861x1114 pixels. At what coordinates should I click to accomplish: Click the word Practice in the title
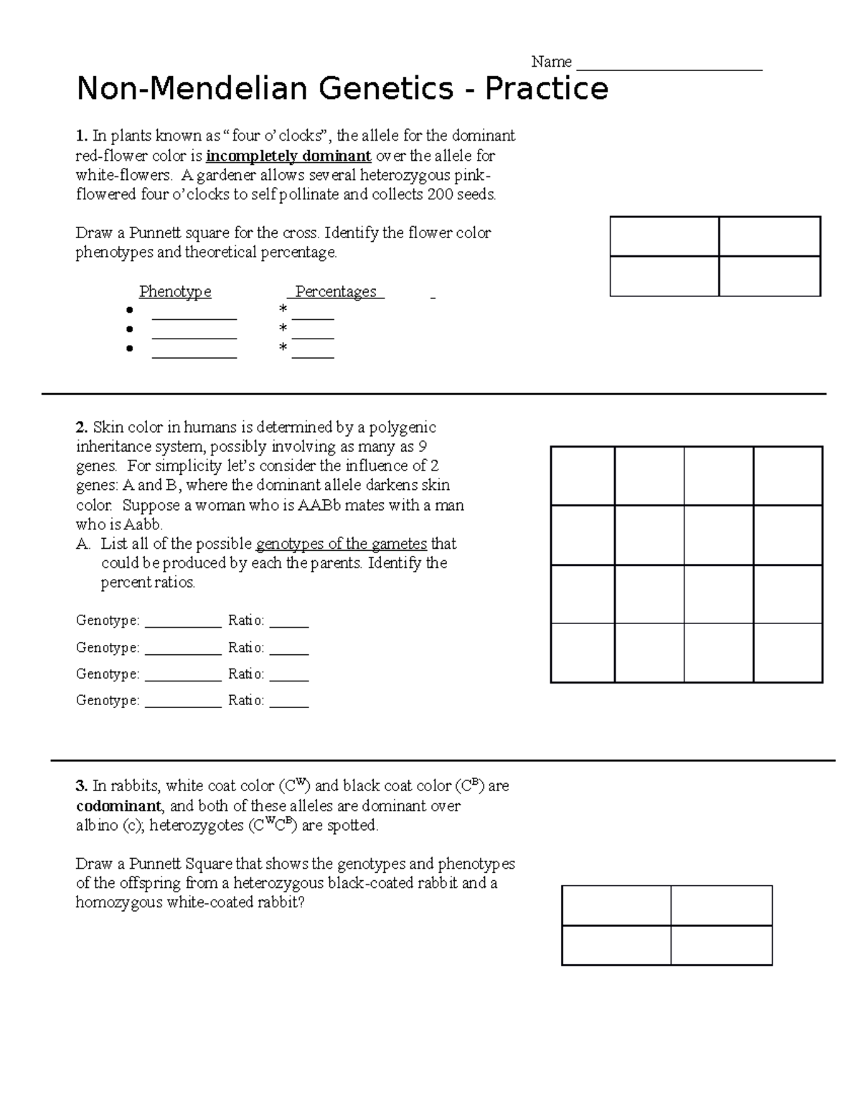click(546, 90)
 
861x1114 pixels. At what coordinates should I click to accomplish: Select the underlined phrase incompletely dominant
click(288, 156)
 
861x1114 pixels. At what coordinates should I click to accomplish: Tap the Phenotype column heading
click(175, 292)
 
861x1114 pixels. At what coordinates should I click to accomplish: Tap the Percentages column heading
click(336, 292)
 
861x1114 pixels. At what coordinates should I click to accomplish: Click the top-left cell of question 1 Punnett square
click(664, 237)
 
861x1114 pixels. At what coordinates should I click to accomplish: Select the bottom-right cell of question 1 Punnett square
click(769, 276)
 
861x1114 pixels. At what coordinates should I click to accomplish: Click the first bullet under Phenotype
click(129, 310)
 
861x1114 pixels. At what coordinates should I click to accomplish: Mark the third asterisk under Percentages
click(283, 349)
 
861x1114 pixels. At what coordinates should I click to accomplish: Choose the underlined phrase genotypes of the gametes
click(341, 544)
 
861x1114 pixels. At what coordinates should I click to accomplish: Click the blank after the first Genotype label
click(183, 621)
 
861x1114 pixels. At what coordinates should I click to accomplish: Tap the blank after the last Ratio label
click(289, 702)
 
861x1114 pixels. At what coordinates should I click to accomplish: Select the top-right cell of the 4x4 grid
click(788, 476)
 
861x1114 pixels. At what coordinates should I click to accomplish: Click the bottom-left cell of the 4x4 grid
click(583, 653)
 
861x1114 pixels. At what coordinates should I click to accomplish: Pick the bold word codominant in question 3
click(118, 806)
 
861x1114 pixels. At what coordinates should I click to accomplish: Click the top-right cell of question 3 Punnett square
click(721, 905)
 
